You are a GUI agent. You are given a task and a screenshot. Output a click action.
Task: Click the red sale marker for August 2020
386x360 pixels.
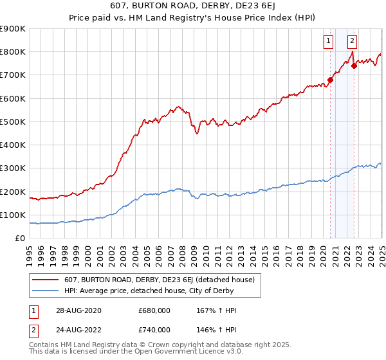[331, 80]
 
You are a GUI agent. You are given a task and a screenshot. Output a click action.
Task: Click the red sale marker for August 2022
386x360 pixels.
[354, 66]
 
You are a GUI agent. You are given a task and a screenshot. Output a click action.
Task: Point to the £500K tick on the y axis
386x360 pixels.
[12, 122]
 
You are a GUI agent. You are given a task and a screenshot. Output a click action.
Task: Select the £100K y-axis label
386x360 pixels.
[12, 215]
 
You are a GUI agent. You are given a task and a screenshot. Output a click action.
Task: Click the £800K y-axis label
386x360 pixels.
[12, 51]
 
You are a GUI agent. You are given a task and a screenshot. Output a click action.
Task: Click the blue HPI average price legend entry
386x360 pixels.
[151, 291]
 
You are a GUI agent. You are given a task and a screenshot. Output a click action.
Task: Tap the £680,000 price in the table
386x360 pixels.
[154, 310]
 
